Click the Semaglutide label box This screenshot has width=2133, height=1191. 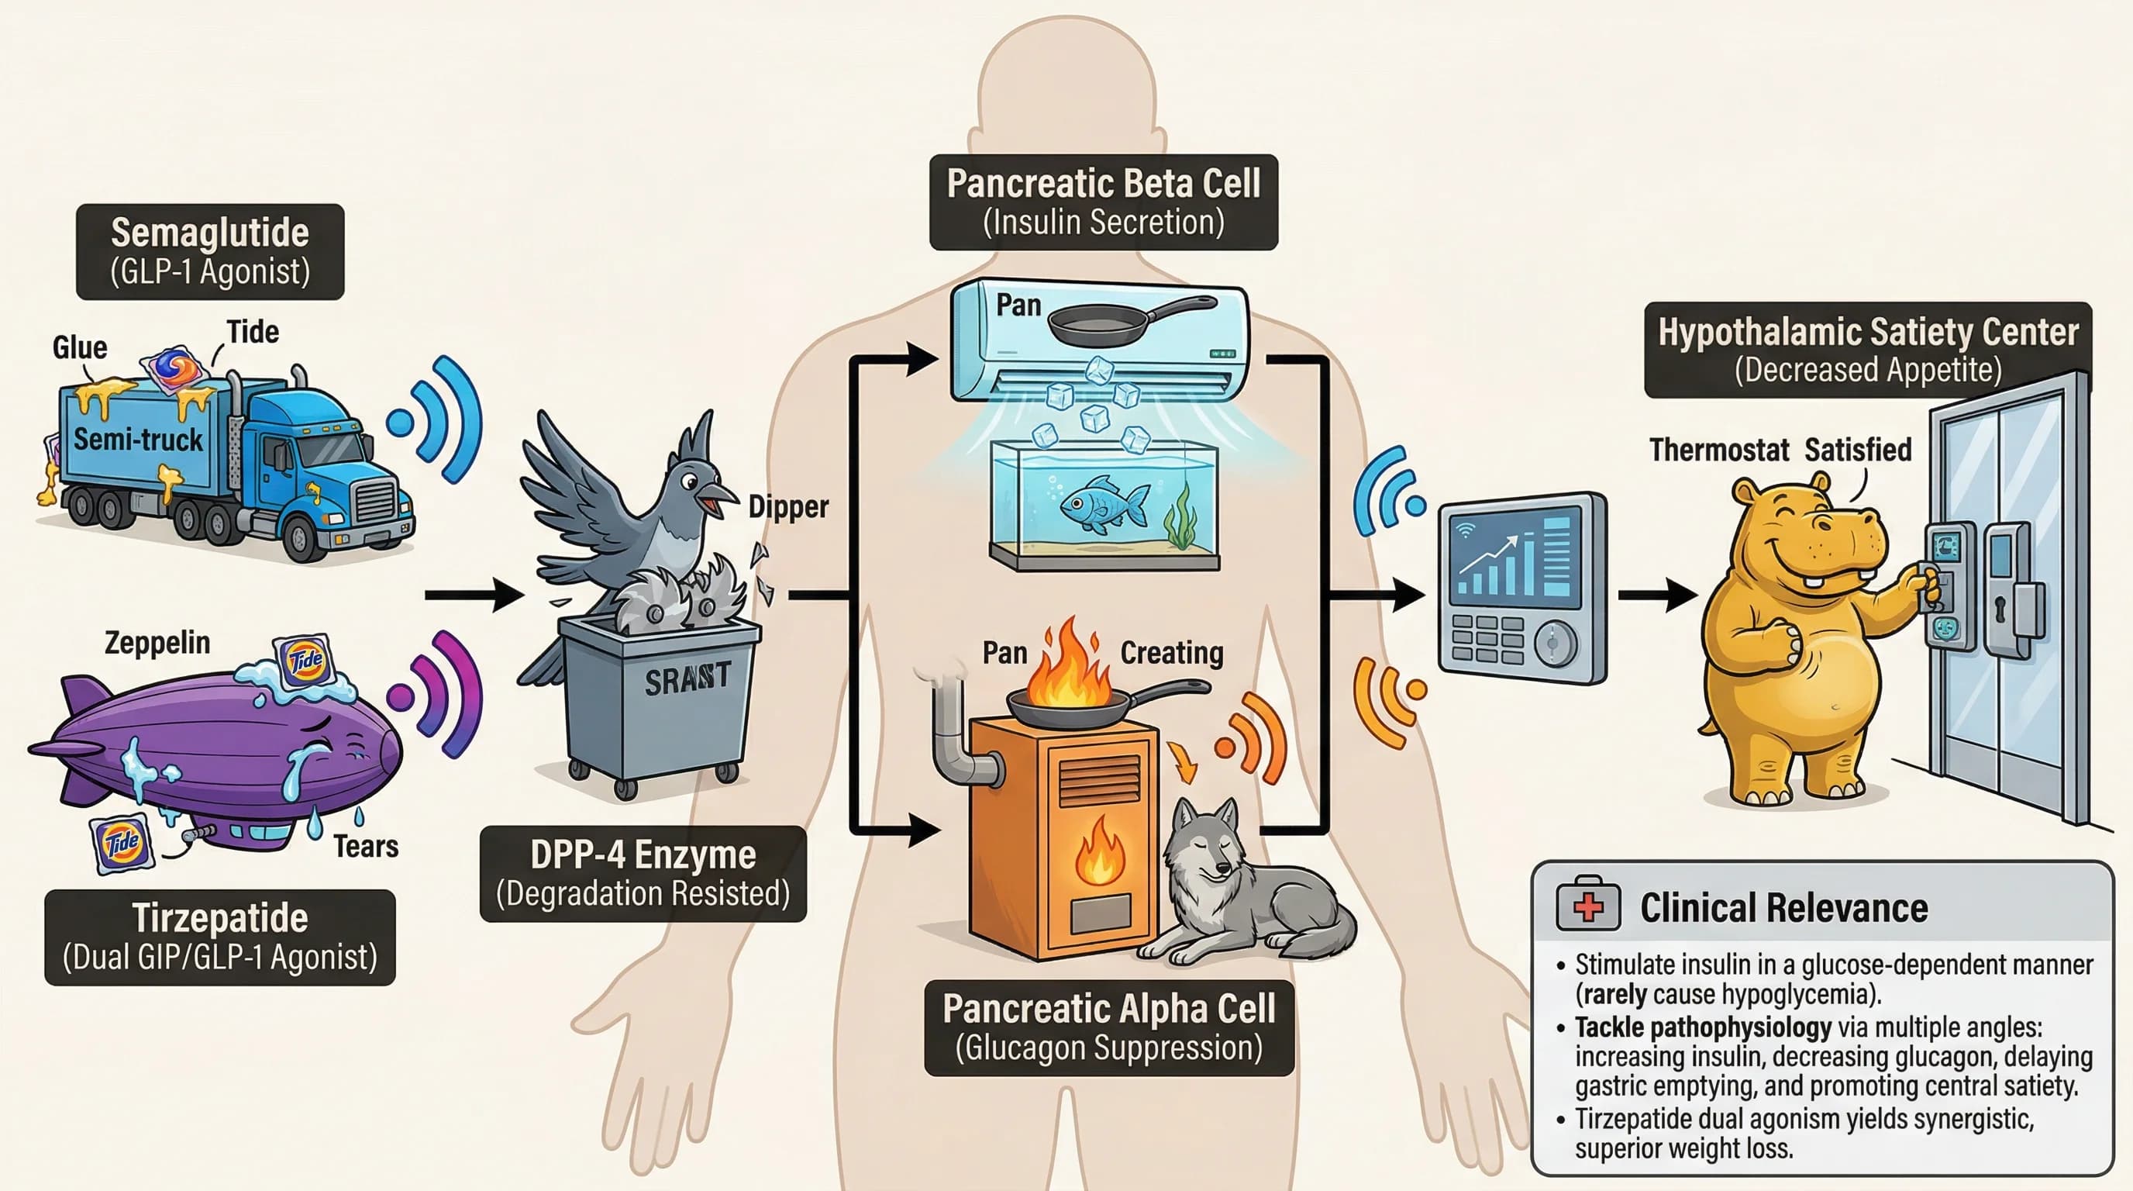click(x=209, y=251)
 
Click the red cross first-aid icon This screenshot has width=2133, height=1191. click(x=1587, y=907)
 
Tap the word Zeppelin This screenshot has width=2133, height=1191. click(x=157, y=643)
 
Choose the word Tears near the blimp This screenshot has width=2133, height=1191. click(x=365, y=847)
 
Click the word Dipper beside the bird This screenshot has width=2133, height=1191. click(x=787, y=507)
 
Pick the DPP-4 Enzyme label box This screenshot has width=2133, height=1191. click(x=643, y=873)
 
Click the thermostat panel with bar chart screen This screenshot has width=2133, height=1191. click(x=1522, y=588)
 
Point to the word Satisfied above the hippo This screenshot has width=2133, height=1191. click(x=1858, y=450)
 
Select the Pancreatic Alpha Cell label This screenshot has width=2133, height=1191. click(x=1108, y=1027)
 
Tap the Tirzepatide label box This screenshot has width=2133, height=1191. click(x=219, y=937)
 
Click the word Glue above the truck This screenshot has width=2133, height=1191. click(x=80, y=347)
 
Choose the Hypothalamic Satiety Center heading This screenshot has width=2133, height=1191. click(x=1867, y=333)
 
